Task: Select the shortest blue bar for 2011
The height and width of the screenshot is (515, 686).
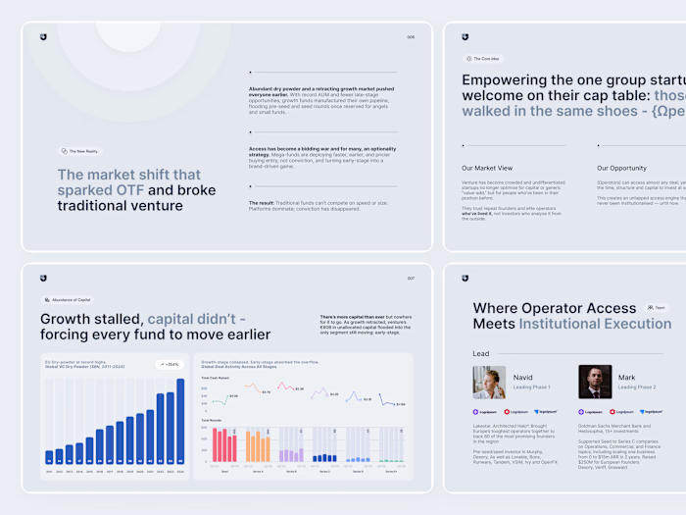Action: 49,456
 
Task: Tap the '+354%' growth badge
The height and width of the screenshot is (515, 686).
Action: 169,364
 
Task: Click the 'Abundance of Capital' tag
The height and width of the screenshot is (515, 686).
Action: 68,299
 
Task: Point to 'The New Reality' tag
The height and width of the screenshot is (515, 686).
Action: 79,151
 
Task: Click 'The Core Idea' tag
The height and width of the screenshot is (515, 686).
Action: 482,59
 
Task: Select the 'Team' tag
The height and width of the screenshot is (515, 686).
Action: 656,307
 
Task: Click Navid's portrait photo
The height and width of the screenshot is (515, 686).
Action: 489,383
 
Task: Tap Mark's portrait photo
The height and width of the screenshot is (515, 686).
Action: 595,383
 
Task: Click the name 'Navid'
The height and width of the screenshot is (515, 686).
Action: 523,377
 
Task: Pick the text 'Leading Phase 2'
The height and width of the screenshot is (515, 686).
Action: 636,386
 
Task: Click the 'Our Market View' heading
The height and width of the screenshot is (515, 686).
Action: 487,168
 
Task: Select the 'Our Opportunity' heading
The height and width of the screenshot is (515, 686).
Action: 621,168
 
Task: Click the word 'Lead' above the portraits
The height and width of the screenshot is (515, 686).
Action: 481,354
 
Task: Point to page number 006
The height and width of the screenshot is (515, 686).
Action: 411,38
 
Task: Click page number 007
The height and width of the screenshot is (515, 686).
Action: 411,279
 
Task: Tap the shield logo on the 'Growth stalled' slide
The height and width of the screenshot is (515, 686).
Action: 43,278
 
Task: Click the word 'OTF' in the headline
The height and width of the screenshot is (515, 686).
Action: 128,190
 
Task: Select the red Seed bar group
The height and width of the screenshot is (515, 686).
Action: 224,447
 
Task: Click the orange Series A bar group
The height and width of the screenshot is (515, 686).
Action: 258,447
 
